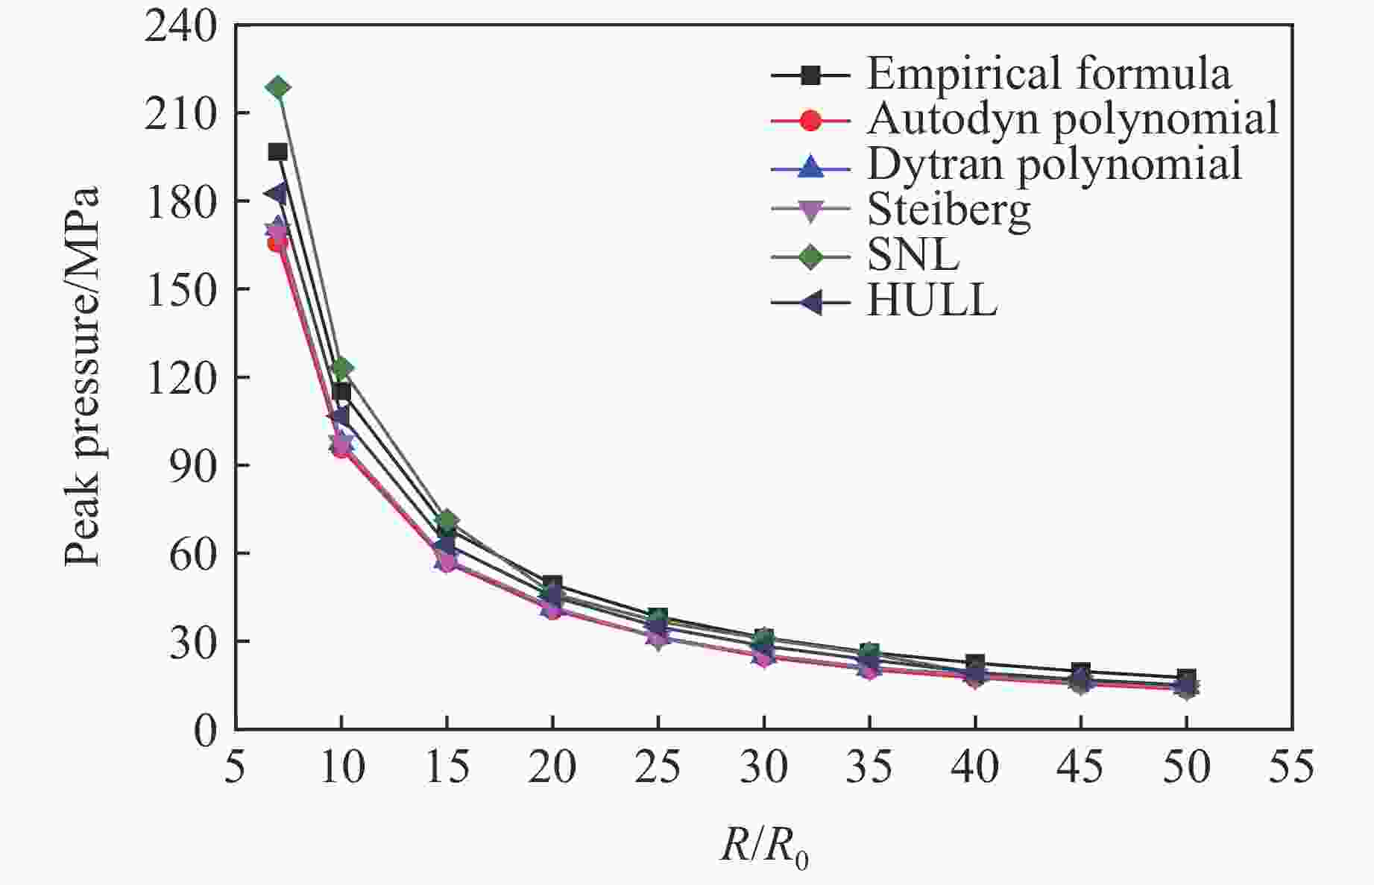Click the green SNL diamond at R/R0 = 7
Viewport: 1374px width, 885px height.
278,88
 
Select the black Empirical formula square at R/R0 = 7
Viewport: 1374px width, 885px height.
278,152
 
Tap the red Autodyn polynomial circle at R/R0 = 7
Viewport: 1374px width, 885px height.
277,243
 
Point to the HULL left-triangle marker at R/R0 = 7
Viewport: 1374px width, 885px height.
276,194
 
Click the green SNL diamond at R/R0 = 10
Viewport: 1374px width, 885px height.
341,368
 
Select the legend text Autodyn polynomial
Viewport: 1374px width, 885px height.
1073,119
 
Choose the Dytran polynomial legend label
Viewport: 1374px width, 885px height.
1054,164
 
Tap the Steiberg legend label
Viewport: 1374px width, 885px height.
949,210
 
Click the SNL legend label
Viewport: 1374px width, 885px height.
913,256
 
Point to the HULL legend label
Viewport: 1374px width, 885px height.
932,301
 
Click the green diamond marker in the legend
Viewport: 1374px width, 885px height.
810,256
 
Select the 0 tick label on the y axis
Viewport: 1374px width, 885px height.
206,731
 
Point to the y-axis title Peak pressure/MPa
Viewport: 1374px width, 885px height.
81,377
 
